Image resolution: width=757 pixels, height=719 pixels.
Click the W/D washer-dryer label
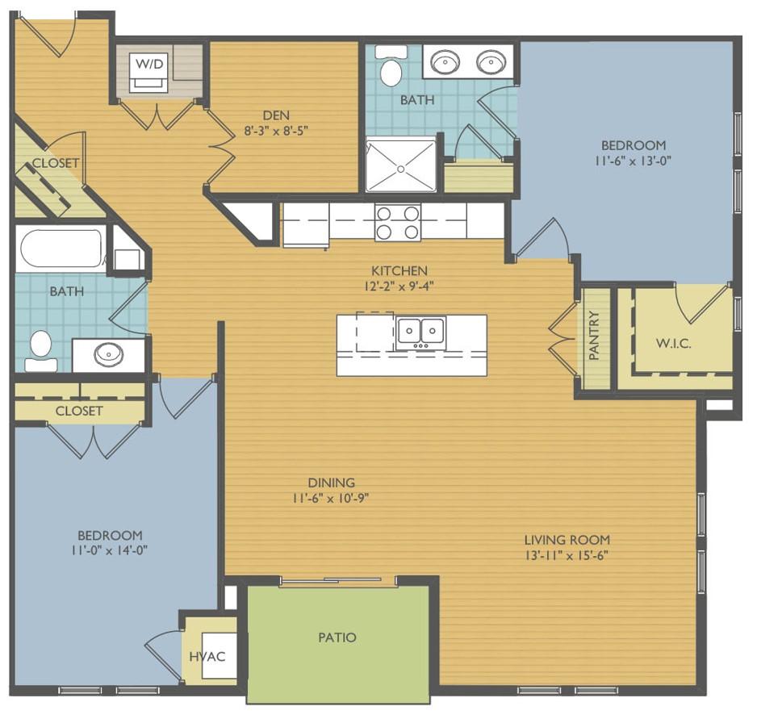tap(149, 63)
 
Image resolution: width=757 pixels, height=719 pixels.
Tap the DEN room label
tap(276, 115)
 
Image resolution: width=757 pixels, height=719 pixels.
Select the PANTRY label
tap(594, 335)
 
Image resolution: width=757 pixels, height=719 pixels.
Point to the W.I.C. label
tap(673, 344)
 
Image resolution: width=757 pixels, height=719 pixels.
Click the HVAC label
tap(207, 657)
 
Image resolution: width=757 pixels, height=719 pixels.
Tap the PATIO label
tap(337, 637)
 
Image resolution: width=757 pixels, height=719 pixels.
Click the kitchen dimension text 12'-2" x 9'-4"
tap(399, 286)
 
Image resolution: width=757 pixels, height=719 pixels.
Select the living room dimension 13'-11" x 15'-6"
tap(567, 555)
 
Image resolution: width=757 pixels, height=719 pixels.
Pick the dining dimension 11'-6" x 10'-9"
tap(331, 498)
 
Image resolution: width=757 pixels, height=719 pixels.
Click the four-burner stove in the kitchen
tap(397, 223)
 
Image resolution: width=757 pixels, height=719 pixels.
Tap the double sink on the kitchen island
tap(420, 332)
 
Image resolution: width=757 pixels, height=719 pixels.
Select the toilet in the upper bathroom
tap(391, 67)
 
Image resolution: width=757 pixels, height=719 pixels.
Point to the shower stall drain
tap(401, 169)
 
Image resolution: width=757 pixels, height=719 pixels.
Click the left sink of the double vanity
tap(445, 62)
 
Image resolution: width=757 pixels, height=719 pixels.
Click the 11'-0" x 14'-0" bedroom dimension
tap(109, 550)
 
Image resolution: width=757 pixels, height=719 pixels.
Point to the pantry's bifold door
tap(563, 338)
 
